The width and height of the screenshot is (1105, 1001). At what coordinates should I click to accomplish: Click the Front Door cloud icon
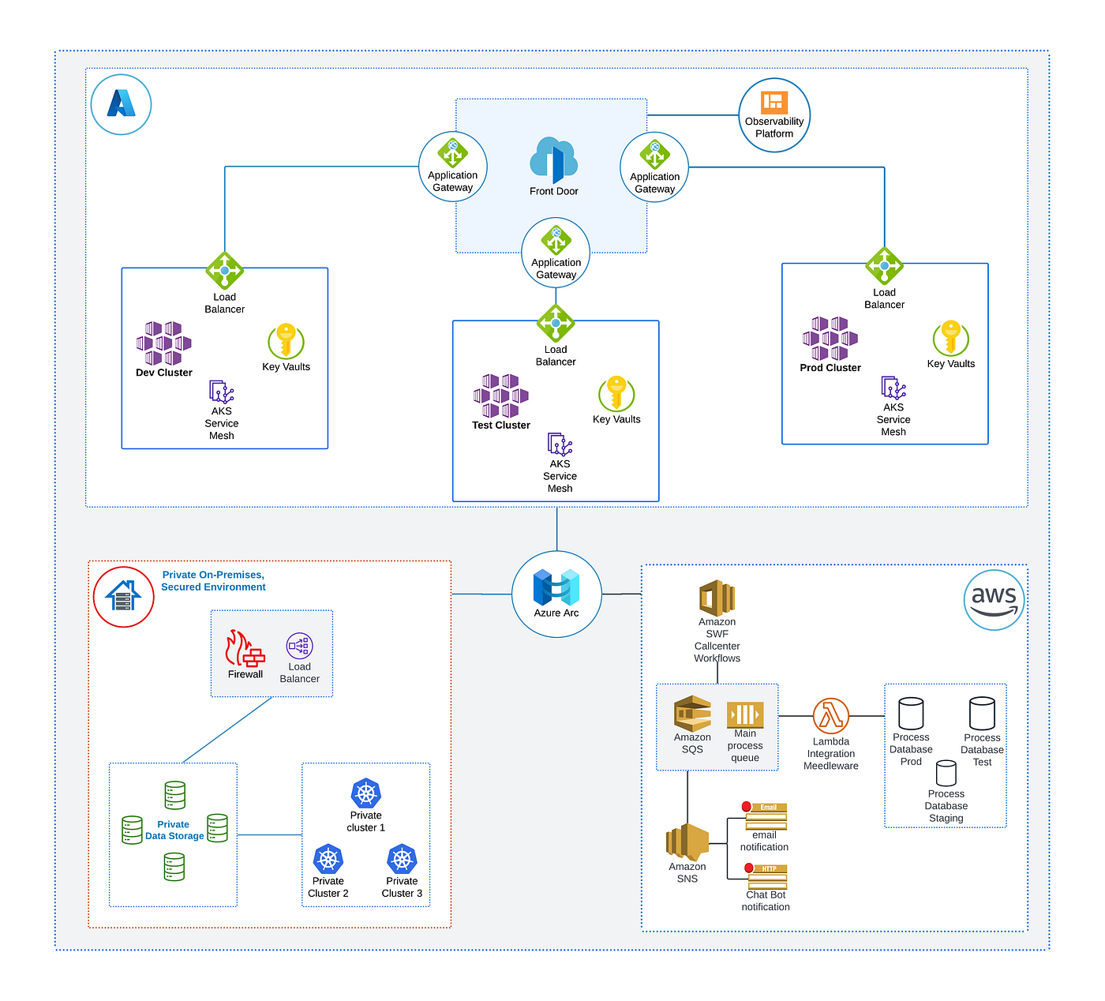pyautogui.click(x=553, y=159)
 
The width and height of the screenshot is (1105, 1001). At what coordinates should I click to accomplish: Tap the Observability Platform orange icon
pyautogui.click(x=774, y=103)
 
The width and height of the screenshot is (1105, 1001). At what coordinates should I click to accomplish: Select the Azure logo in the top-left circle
pyautogui.click(x=122, y=103)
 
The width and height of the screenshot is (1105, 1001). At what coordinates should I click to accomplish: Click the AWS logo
pyautogui.click(x=994, y=600)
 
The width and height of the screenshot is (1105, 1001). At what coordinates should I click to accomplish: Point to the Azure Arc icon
pyautogui.click(x=556, y=587)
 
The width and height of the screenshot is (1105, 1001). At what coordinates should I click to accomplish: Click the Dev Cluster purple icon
pyautogui.click(x=163, y=343)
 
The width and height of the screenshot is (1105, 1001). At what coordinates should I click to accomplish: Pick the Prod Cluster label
pyautogui.click(x=830, y=368)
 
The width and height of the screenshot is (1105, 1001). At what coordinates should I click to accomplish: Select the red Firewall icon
pyautogui.click(x=245, y=647)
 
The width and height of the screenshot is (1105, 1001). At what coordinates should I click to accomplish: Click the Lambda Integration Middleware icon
pyautogui.click(x=830, y=715)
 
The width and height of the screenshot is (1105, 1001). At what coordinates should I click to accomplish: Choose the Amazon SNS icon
pyautogui.click(x=687, y=842)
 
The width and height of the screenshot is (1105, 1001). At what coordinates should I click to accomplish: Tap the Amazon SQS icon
pyautogui.click(x=692, y=714)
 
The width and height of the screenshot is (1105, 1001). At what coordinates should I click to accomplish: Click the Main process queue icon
pyautogui.click(x=745, y=714)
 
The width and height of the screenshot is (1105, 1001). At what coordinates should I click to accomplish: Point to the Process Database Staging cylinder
pyautogui.click(x=946, y=773)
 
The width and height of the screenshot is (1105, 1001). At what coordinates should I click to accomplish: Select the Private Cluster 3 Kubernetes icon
pyautogui.click(x=402, y=859)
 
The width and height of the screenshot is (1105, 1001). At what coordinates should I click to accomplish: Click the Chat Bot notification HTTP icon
pyautogui.click(x=766, y=876)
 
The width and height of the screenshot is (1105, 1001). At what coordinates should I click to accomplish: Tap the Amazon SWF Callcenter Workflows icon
pyautogui.click(x=717, y=598)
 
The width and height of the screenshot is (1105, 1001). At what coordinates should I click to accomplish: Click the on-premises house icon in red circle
pyautogui.click(x=123, y=596)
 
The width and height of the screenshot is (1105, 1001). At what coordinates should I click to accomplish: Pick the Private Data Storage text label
pyautogui.click(x=174, y=830)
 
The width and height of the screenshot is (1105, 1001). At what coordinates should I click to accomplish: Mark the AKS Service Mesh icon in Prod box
pyautogui.click(x=893, y=388)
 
